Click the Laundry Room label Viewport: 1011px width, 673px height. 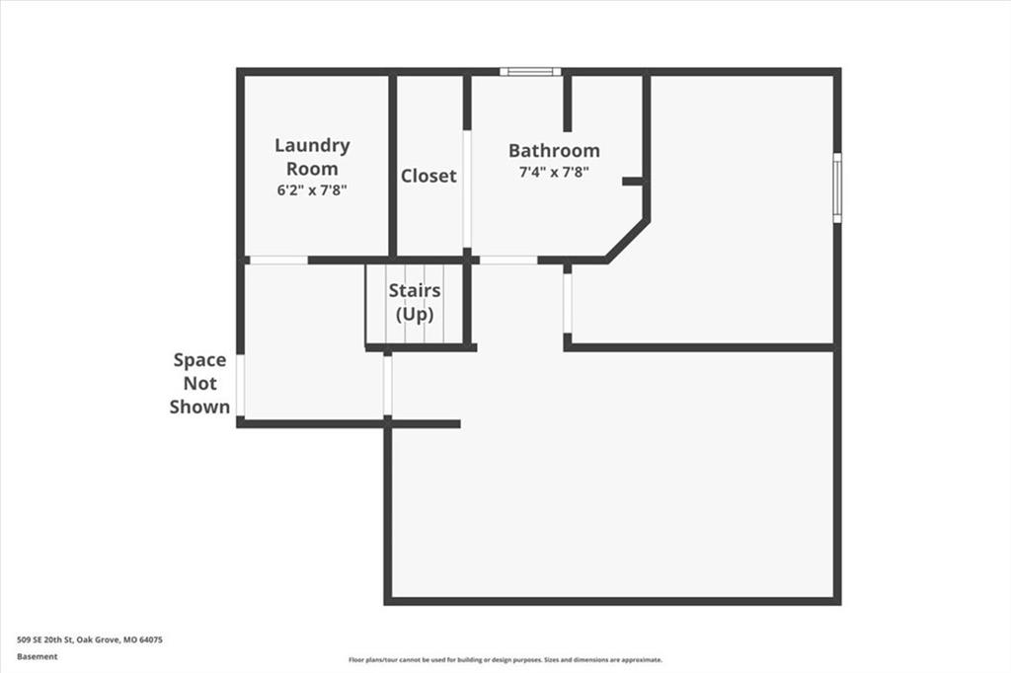(x=312, y=157)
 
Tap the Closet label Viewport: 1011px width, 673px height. (x=428, y=176)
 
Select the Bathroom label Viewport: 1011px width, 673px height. (x=554, y=150)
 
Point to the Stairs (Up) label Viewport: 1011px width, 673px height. (x=415, y=302)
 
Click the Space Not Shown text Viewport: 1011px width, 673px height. (x=199, y=384)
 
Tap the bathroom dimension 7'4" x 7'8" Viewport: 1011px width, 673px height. (x=555, y=172)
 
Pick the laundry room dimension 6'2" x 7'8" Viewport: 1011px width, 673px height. (x=312, y=190)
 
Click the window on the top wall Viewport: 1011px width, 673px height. (x=530, y=72)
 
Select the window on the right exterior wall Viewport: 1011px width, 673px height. (x=837, y=187)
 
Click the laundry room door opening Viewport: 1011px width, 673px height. (x=278, y=261)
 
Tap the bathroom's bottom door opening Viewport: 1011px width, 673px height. (x=508, y=261)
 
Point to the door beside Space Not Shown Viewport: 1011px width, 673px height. (x=241, y=386)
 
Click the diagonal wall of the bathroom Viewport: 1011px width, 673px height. (x=627, y=241)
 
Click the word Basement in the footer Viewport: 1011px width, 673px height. (x=38, y=656)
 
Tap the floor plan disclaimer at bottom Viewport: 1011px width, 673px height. (x=505, y=659)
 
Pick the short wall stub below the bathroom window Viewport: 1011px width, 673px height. (x=568, y=104)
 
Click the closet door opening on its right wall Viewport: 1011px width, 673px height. (x=467, y=189)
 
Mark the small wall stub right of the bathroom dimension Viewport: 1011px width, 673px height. (x=633, y=182)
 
